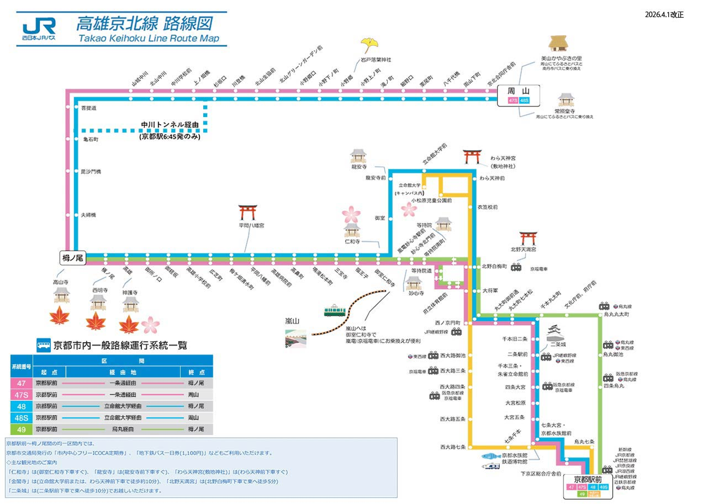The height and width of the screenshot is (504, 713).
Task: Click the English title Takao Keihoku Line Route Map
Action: (x=149, y=39)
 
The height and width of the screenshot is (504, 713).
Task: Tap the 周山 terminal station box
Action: (x=519, y=95)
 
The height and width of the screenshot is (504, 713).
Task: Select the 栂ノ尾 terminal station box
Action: (x=73, y=257)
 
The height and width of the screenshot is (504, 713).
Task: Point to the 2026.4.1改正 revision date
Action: (x=664, y=15)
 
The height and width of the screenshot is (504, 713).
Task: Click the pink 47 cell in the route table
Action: (x=22, y=383)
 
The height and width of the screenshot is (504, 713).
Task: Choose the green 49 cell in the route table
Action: (x=22, y=429)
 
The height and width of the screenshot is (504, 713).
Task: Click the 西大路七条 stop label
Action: (x=453, y=447)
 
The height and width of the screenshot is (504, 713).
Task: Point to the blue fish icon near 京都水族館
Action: (x=491, y=456)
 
